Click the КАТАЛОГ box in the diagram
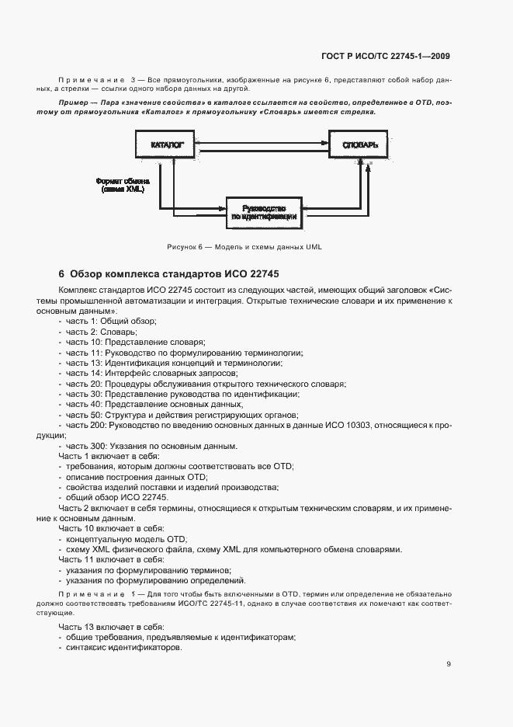click(163, 144)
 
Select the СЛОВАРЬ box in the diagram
click(358, 144)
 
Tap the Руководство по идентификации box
click(263, 213)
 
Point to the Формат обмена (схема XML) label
click(119, 185)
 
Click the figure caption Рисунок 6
click(244, 247)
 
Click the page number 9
click(449, 663)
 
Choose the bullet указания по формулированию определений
click(155, 579)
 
